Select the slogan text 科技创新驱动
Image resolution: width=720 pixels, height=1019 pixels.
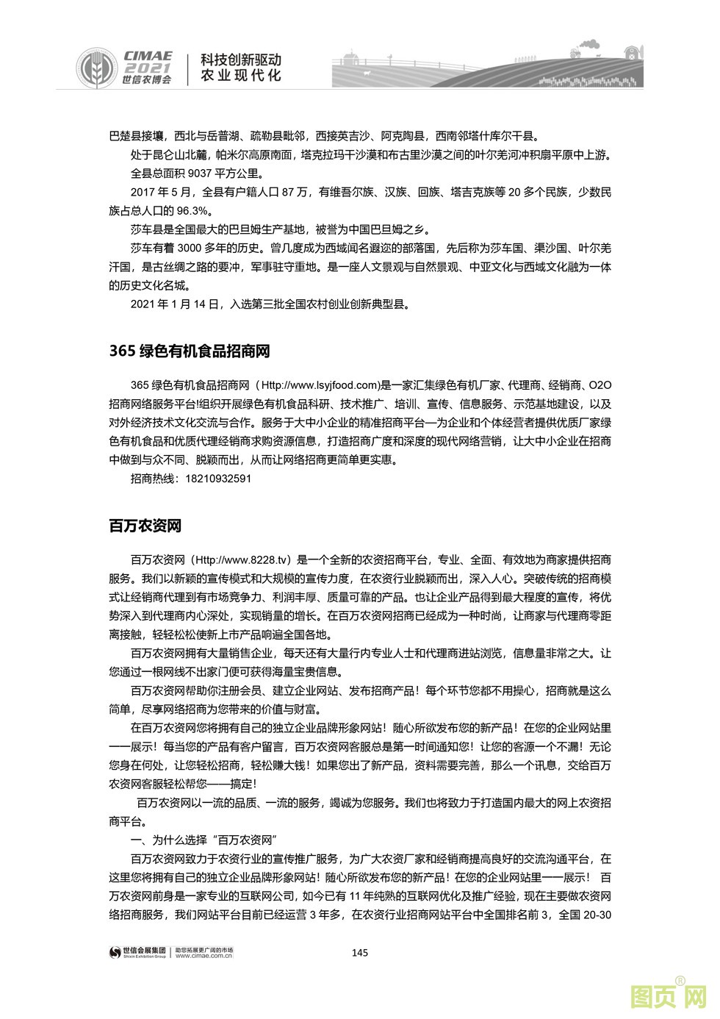pos(242,59)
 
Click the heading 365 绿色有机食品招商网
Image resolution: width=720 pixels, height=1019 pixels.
pos(189,351)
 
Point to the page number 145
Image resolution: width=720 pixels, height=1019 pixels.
pos(359,953)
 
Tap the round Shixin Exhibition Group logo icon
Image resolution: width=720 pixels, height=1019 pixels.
pos(115,954)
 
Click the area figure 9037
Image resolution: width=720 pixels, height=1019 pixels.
pos(202,174)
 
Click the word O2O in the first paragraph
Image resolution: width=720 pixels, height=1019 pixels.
pos(600,385)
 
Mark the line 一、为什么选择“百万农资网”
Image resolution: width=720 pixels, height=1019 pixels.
pos(202,840)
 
